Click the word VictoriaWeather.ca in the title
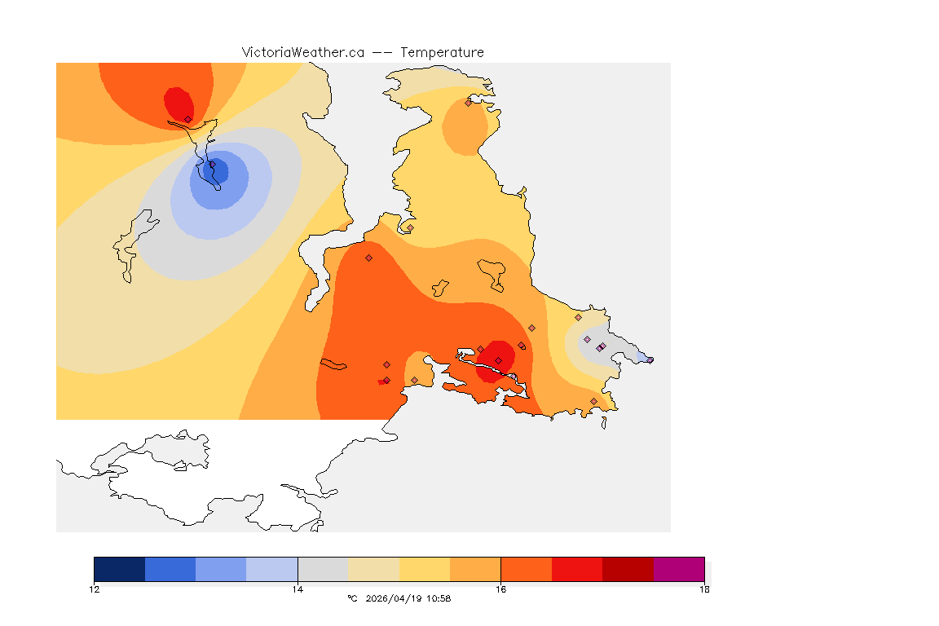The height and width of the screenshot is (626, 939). (x=302, y=52)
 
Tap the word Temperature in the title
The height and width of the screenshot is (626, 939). (x=442, y=52)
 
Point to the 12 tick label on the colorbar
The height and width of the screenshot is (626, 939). (x=95, y=589)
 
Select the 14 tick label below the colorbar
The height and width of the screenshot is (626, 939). (x=298, y=589)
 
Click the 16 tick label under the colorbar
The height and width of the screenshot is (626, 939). (x=500, y=589)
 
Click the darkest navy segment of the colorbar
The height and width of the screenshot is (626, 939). (x=120, y=569)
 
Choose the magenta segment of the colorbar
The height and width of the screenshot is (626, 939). (x=679, y=569)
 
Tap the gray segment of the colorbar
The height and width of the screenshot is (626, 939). (x=323, y=569)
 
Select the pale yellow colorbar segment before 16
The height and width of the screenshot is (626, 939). (x=425, y=569)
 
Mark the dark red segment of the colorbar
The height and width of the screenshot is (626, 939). (x=628, y=569)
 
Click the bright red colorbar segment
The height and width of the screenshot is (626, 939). (x=577, y=569)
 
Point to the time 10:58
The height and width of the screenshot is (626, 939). (x=438, y=598)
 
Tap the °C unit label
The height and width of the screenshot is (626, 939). (x=352, y=598)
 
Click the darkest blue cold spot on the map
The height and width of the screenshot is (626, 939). (x=218, y=172)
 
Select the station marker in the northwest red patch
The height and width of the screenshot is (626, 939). (x=187, y=119)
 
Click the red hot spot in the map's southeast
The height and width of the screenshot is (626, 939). (x=496, y=358)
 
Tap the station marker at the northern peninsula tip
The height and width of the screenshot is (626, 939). (x=468, y=103)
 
